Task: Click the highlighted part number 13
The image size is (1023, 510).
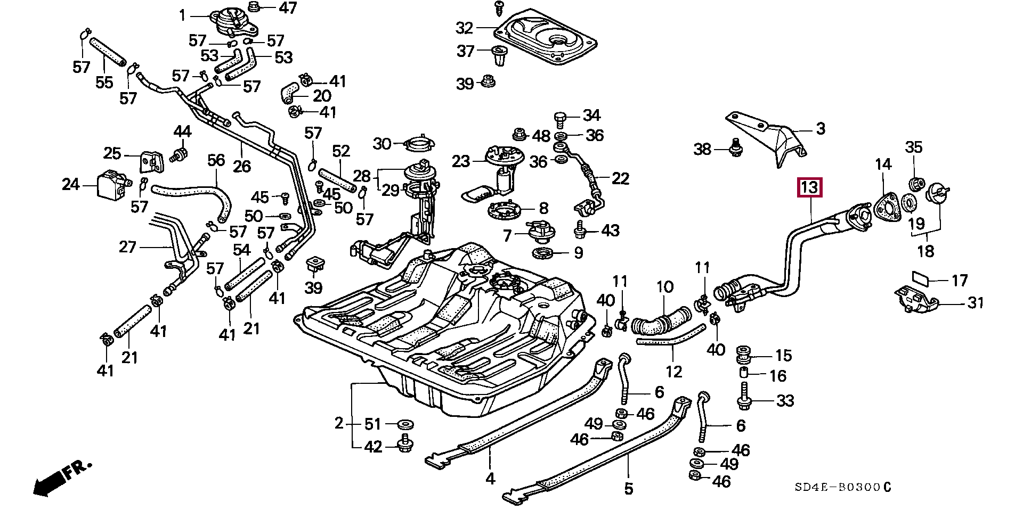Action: (x=809, y=187)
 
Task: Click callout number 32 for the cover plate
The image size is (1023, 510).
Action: (x=464, y=27)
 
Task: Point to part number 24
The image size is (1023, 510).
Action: (x=70, y=185)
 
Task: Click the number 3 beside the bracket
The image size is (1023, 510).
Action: (x=821, y=128)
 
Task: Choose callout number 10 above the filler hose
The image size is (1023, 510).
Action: (x=664, y=288)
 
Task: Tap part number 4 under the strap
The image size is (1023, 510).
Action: (x=490, y=479)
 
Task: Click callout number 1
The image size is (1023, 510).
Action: (x=183, y=16)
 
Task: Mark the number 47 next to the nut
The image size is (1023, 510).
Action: (x=288, y=8)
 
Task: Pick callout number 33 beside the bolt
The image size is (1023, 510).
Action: (x=785, y=400)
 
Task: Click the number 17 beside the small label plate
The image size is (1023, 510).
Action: (x=960, y=280)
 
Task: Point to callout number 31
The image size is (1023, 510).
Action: (x=976, y=303)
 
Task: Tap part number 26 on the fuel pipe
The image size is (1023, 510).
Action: (x=241, y=166)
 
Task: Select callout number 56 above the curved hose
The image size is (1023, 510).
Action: (x=216, y=161)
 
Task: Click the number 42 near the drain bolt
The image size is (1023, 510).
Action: (x=373, y=447)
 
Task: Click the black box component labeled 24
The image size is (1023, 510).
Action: (x=112, y=184)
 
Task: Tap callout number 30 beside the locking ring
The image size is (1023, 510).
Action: (x=382, y=144)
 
